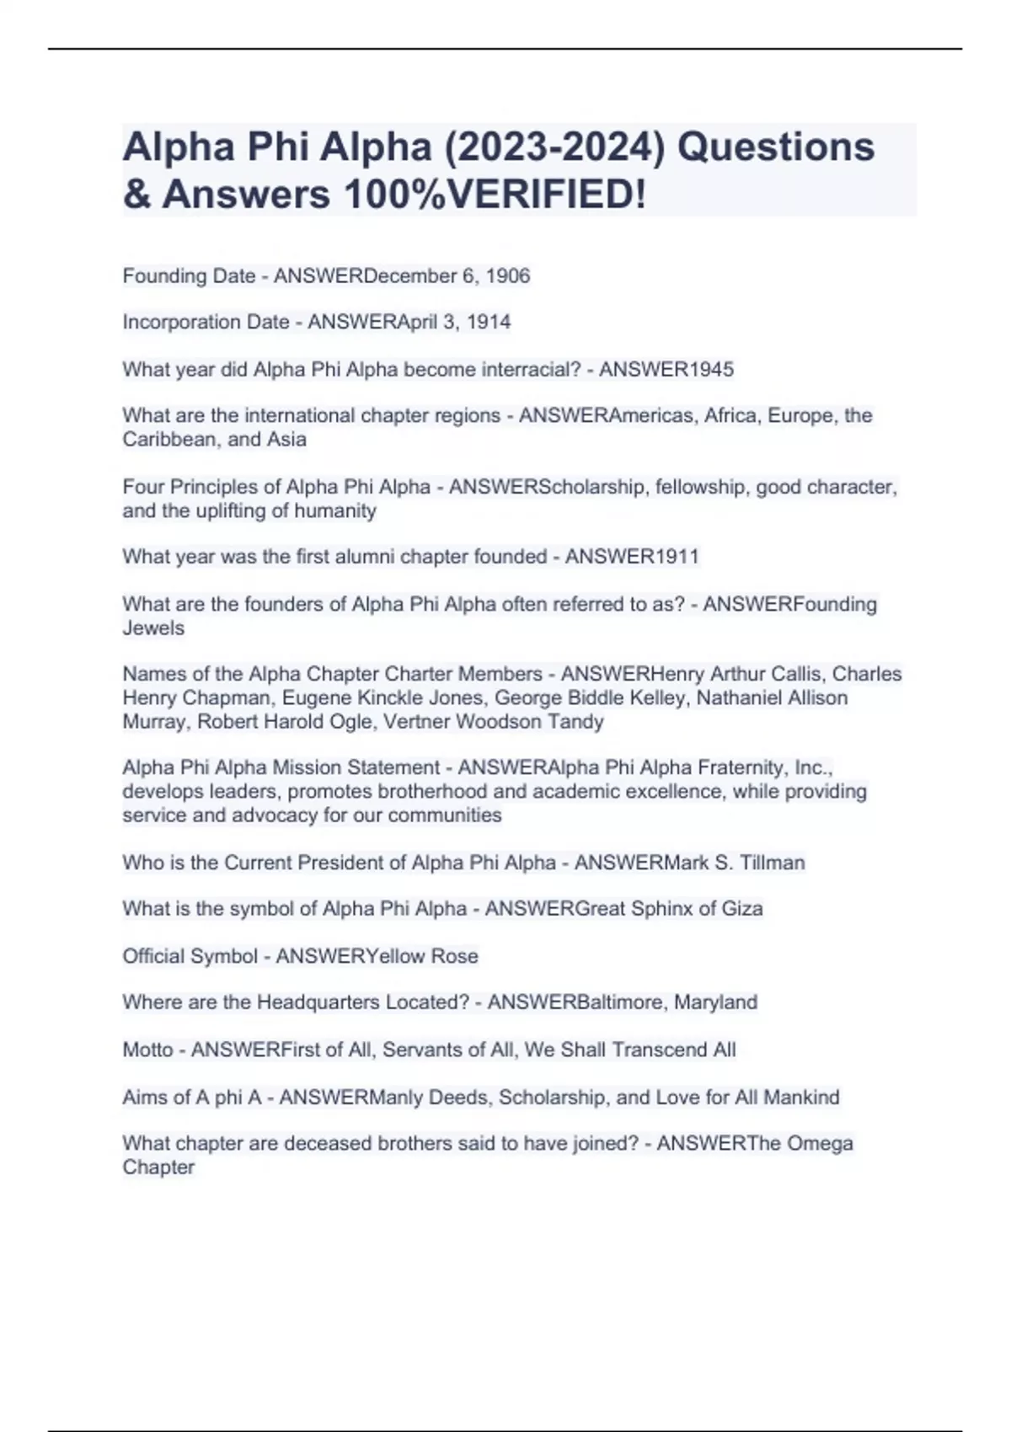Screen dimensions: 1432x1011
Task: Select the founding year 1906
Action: tap(508, 276)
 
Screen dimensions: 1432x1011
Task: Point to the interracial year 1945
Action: tap(712, 369)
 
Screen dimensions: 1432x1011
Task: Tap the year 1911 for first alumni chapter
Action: tap(677, 557)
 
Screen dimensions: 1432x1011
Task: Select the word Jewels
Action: tap(153, 628)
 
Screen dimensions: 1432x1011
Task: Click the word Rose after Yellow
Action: tap(454, 956)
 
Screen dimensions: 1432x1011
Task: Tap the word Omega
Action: tap(818, 1144)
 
